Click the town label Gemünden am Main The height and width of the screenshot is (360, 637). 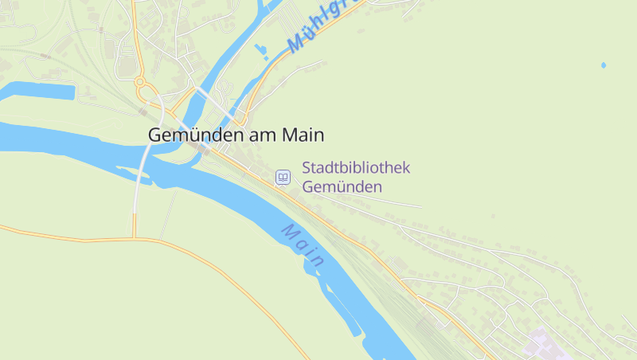(x=236, y=135)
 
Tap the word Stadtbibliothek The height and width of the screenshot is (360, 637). (x=356, y=169)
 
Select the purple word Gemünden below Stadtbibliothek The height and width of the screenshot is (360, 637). (x=342, y=187)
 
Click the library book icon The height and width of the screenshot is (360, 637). (x=283, y=177)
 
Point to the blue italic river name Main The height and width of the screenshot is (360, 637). (x=303, y=245)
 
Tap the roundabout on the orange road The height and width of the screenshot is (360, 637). (x=141, y=81)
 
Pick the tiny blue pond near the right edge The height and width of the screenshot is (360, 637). (x=603, y=65)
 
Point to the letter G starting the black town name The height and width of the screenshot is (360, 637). (x=154, y=135)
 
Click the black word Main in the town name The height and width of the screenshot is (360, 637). (x=304, y=135)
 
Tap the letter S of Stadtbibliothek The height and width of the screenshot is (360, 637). (x=307, y=169)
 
